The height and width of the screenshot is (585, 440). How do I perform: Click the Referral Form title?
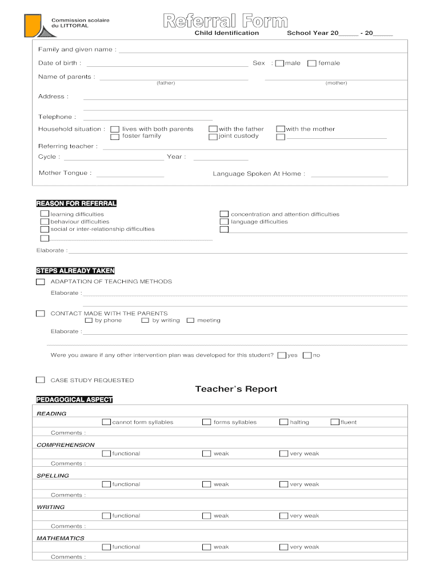(x=225, y=22)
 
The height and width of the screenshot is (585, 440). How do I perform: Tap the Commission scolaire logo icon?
(x=33, y=26)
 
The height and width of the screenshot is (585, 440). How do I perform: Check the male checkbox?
(x=279, y=63)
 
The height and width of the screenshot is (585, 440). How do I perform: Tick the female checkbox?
(x=311, y=63)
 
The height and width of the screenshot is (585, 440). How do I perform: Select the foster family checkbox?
(x=115, y=137)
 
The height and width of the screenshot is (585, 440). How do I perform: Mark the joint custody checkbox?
(x=213, y=137)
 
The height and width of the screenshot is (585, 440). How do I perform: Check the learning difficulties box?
(x=45, y=214)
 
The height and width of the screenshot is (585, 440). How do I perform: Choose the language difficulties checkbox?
(x=224, y=222)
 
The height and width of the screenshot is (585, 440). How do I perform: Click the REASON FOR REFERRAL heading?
(x=77, y=203)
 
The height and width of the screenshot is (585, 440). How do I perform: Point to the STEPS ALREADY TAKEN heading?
(x=75, y=271)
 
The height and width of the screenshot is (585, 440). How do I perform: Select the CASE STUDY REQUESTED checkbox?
(x=41, y=380)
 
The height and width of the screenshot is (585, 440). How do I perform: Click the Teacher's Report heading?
(x=236, y=389)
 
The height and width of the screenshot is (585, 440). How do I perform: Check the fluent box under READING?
(x=335, y=422)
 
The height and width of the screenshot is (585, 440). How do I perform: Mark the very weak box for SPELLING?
(x=283, y=484)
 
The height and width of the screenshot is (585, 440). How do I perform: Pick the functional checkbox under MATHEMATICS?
(x=106, y=547)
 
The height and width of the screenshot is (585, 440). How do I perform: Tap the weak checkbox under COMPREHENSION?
(x=206, y=454)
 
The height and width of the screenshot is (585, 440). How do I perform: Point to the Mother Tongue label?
(x=63, y=173)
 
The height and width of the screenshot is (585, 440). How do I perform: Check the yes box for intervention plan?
(x=282, y=355)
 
